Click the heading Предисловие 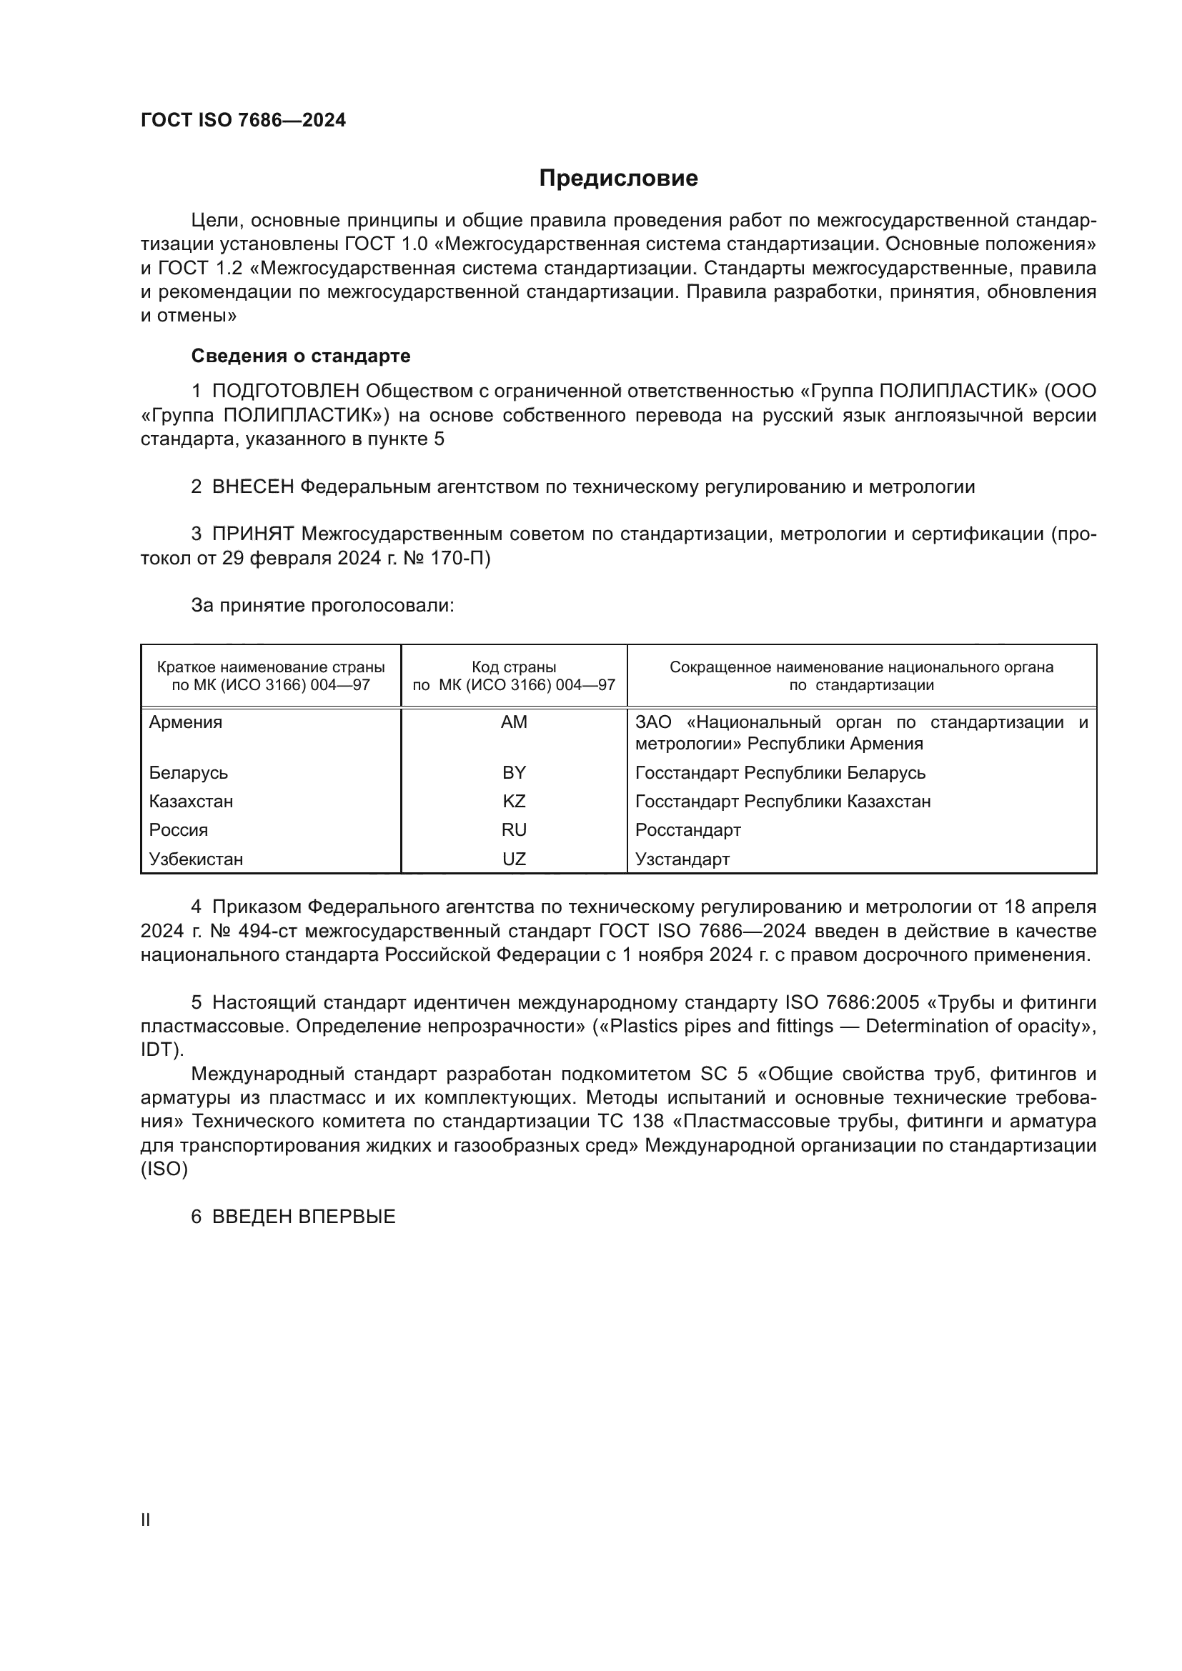point(618,179)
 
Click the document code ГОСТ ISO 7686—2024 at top point(243,120)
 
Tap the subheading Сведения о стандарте point(301,356)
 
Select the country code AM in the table point(514,722)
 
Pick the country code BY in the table point(514,772)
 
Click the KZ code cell point(514,802)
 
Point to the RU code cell point(514,829)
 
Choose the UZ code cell point(514,859)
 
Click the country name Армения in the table point(186,722)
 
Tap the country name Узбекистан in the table point(196,859)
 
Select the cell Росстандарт point(687,829)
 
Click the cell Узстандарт point(682,859)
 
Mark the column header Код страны point(514,667)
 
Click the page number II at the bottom point(146,1520)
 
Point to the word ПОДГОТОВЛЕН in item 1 point(285,391)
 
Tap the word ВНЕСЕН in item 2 point(252,487)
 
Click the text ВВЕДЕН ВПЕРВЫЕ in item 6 point(304,1217)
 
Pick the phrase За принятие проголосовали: point(322,606)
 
